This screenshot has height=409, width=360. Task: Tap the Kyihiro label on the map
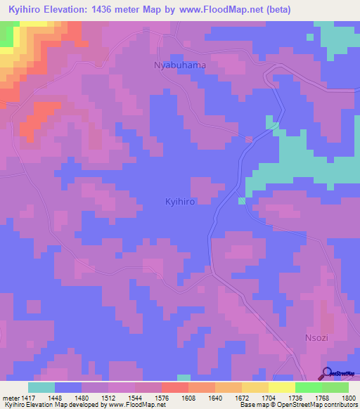179,201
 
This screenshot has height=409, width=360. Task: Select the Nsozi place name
317,337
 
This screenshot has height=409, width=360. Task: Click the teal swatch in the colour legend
41,387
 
